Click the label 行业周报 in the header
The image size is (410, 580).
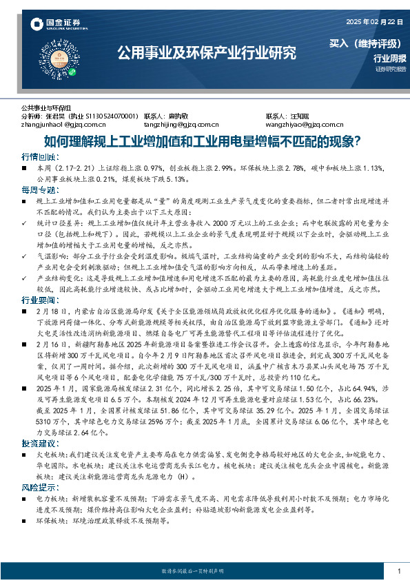[x=389, y=59]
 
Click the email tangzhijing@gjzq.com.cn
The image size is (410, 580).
[x=181, y=125]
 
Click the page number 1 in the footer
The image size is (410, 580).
[x=399, y=571]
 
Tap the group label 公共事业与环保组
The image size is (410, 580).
[x=45, y=109]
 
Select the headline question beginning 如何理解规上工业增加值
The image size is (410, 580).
[x=204, y=143]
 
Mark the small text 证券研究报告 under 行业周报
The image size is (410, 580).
[x=391, y=69]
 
